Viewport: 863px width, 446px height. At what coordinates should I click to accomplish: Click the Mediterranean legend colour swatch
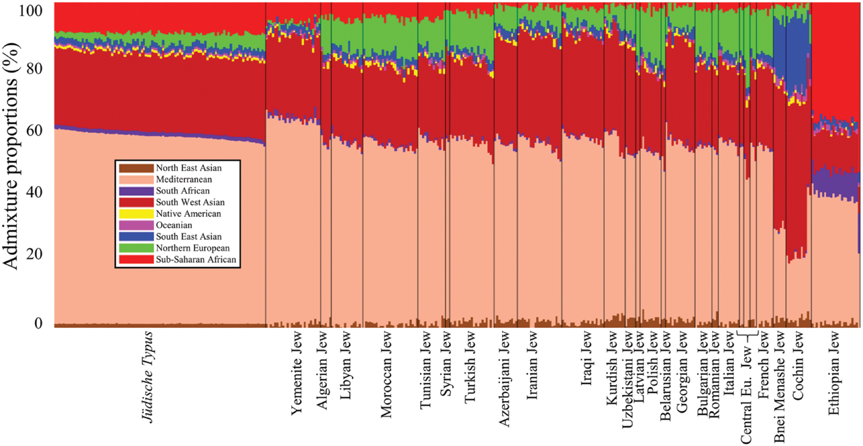point(136,179)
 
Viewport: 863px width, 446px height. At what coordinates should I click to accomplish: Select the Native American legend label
point(188,214)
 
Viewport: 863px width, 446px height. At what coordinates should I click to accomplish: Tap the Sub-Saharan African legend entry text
point(196,260)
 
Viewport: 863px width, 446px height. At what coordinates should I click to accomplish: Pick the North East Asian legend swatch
point(136,168)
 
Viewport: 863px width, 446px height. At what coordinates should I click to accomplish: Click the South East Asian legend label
point(188,237)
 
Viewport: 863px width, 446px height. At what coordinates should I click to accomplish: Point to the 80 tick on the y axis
point(34,69)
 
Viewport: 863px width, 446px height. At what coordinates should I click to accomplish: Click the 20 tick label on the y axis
point(34,254)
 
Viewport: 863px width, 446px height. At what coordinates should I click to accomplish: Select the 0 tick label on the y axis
point(38,323)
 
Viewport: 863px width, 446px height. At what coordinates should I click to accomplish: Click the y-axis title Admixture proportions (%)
point(11,156)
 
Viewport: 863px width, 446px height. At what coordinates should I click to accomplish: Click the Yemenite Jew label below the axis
point(296,373)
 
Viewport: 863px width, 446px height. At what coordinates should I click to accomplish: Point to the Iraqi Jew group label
point(586,358)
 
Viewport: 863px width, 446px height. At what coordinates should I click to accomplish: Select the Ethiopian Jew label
point(834,373)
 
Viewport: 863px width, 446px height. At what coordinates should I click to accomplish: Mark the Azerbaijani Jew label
point(504,379)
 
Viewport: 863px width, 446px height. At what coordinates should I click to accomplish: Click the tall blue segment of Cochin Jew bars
point(797,54)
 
